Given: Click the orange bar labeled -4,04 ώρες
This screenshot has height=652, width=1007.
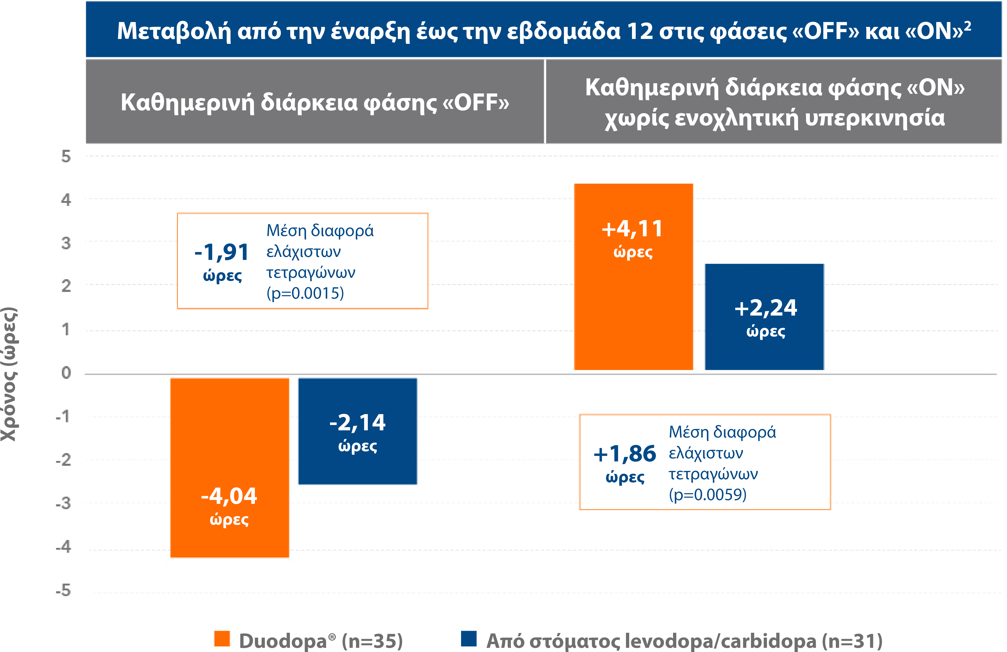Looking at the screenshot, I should coord(229,467).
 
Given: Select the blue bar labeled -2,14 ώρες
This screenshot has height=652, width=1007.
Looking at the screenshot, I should coord(358,431).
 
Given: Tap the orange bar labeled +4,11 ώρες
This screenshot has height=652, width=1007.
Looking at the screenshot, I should coord(633,277).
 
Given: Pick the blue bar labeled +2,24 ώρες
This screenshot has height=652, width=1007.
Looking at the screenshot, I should coord(764,316).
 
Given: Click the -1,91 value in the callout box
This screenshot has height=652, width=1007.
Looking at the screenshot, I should coord(222,252).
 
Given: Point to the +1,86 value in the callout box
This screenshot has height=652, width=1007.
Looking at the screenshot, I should coord(625,454).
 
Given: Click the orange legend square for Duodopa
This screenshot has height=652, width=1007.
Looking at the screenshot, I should coord(222,639).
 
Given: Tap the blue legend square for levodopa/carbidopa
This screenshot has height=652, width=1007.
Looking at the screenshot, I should coord(468,639).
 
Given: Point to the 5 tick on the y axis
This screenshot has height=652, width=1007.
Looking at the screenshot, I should coord(66,157).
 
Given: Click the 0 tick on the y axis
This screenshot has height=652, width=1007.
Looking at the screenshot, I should coord(66,373).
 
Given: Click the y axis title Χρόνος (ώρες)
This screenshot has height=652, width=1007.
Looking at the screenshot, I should coord(9,374).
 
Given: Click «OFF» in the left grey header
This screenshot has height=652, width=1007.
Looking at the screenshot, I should coord(476,103).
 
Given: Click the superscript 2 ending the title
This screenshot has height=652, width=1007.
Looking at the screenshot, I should coord(967,25).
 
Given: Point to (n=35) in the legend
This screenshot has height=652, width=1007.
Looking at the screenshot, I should coord(372,641).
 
